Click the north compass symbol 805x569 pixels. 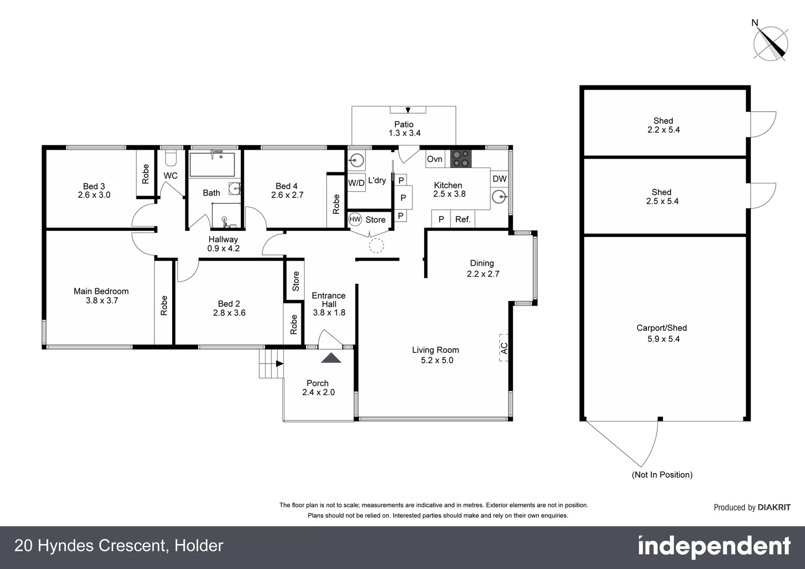click(x=771, y=43)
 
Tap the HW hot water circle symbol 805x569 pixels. click(x=355, y=219)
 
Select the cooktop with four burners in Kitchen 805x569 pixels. click(x=461, y=159)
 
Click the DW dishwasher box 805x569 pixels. click(x=499, y=179)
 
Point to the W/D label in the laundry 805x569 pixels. click(x=356, y=183)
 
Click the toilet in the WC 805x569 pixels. click(x=171, y=158)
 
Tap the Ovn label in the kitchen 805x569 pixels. click(x=435, y=159)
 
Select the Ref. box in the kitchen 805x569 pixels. click(x=463, y=219)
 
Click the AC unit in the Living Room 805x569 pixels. click(x=504, y=348)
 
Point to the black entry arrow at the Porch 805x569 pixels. click(x=331, y=358)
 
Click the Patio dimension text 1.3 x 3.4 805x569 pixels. click(x=404, y=133)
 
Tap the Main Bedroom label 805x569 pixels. click(x=101, y=291)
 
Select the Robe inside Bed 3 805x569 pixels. click(x=146, y=174)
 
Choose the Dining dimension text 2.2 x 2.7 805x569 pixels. click(x=483, y=273)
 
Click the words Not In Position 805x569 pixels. click(x=662, y=475)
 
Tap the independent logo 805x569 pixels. click(x=714, y=547)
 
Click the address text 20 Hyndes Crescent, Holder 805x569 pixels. click(x=119, y=546)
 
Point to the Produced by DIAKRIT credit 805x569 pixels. click(x=752, y=507)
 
